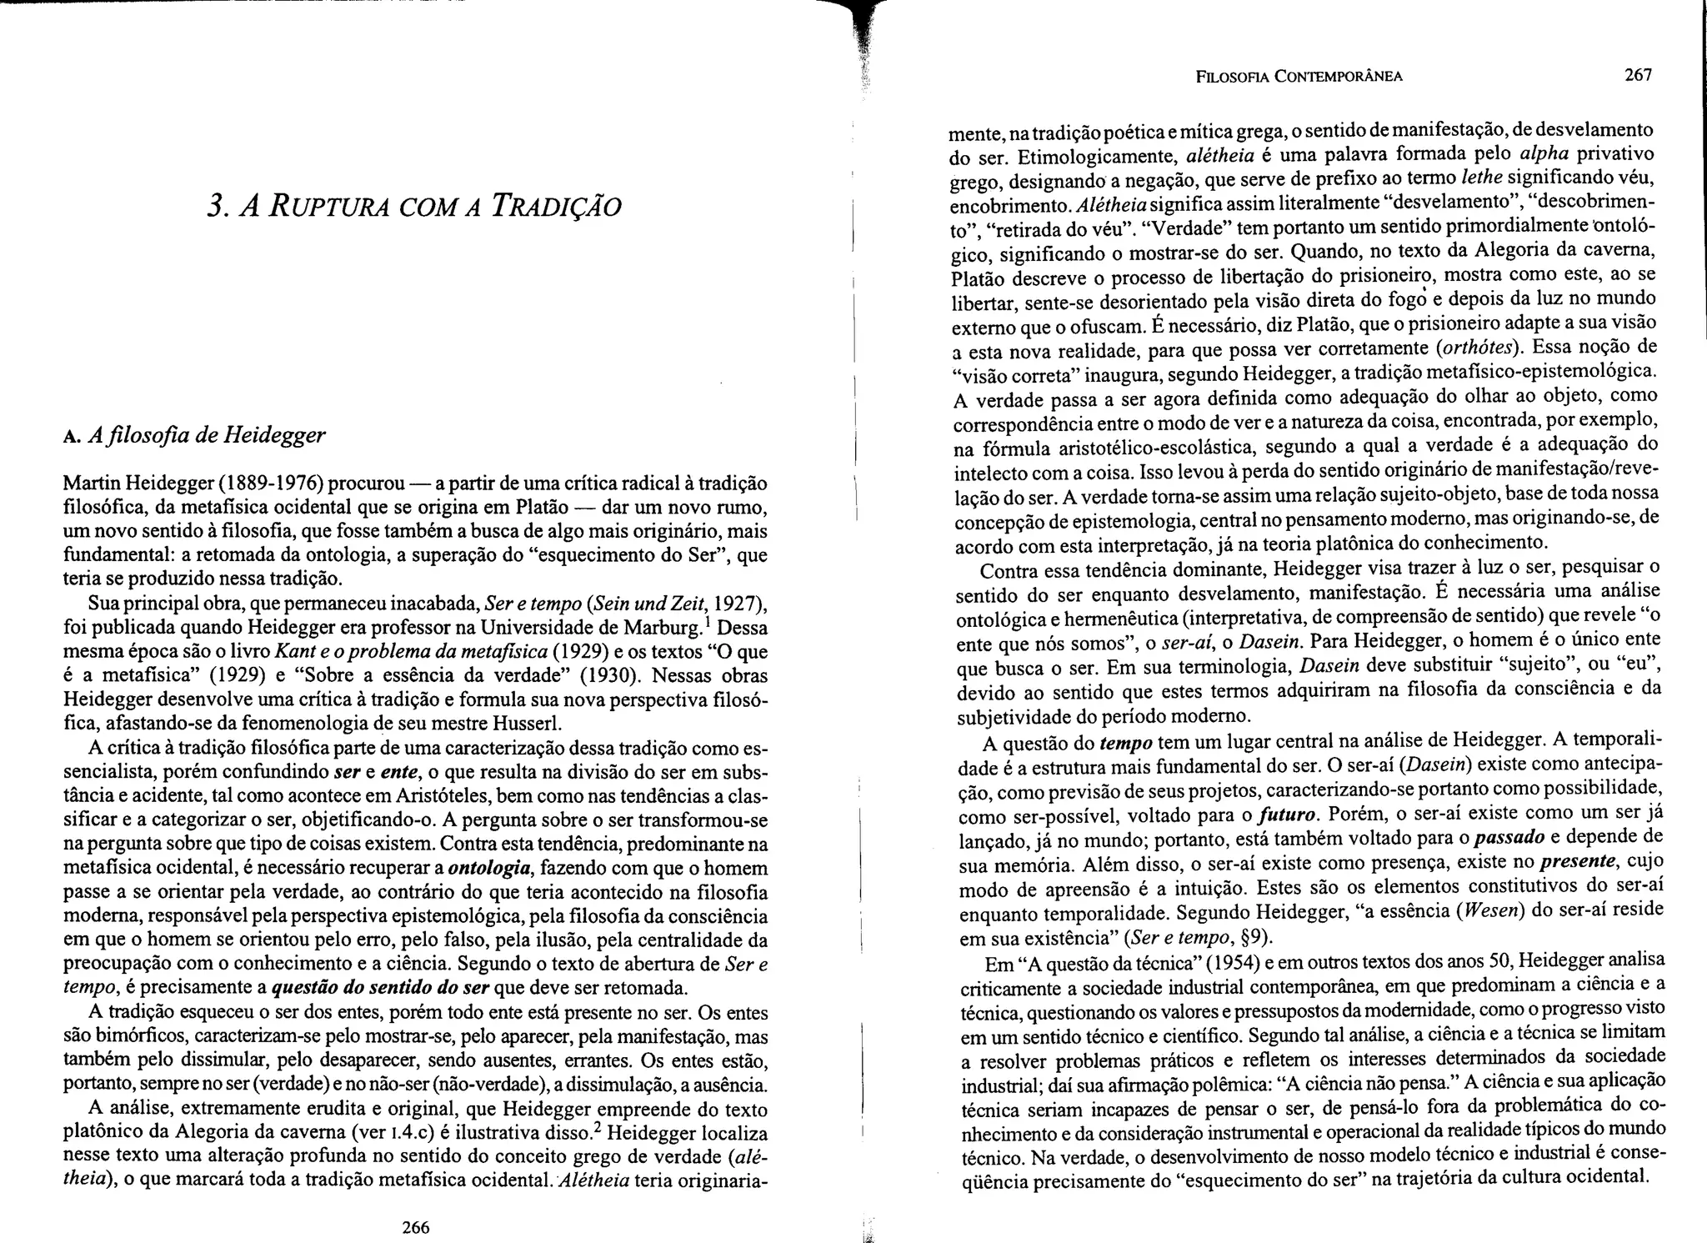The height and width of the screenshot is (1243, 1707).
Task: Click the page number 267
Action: click(1638, 75)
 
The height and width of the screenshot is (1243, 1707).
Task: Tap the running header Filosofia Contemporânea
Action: click(1299, 77)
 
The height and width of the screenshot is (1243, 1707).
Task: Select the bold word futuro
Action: click(1288, 814)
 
